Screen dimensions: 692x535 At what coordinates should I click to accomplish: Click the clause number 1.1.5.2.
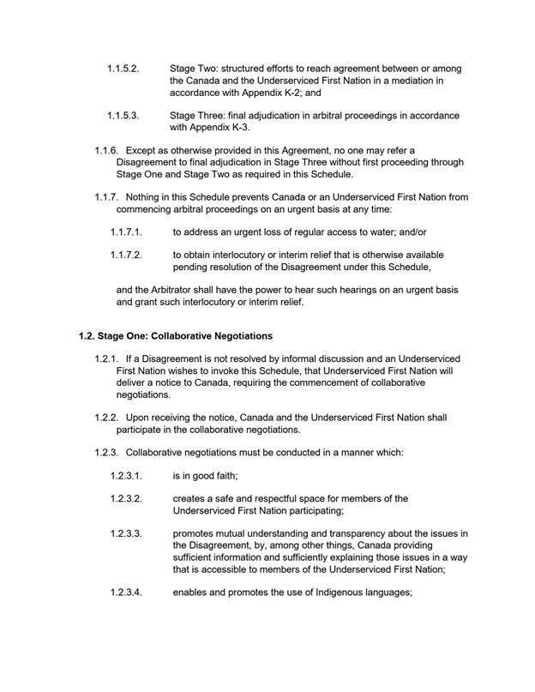123,69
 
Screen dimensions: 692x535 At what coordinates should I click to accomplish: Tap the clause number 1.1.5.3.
123,116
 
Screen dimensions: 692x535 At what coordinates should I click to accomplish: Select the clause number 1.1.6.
106,150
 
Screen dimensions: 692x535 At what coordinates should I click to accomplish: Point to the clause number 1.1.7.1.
126,232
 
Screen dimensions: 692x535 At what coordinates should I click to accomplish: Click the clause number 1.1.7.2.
126,255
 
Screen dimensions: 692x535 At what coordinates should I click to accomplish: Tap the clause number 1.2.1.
106,358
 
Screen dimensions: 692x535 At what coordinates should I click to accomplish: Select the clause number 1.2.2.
106,418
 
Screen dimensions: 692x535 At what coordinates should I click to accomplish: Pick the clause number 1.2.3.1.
126,476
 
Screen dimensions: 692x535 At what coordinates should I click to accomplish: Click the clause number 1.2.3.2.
126,498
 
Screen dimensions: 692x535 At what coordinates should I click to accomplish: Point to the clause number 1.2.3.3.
126,533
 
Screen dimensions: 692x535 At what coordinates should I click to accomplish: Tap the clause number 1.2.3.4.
126,592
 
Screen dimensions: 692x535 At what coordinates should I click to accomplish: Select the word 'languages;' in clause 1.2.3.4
388,592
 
